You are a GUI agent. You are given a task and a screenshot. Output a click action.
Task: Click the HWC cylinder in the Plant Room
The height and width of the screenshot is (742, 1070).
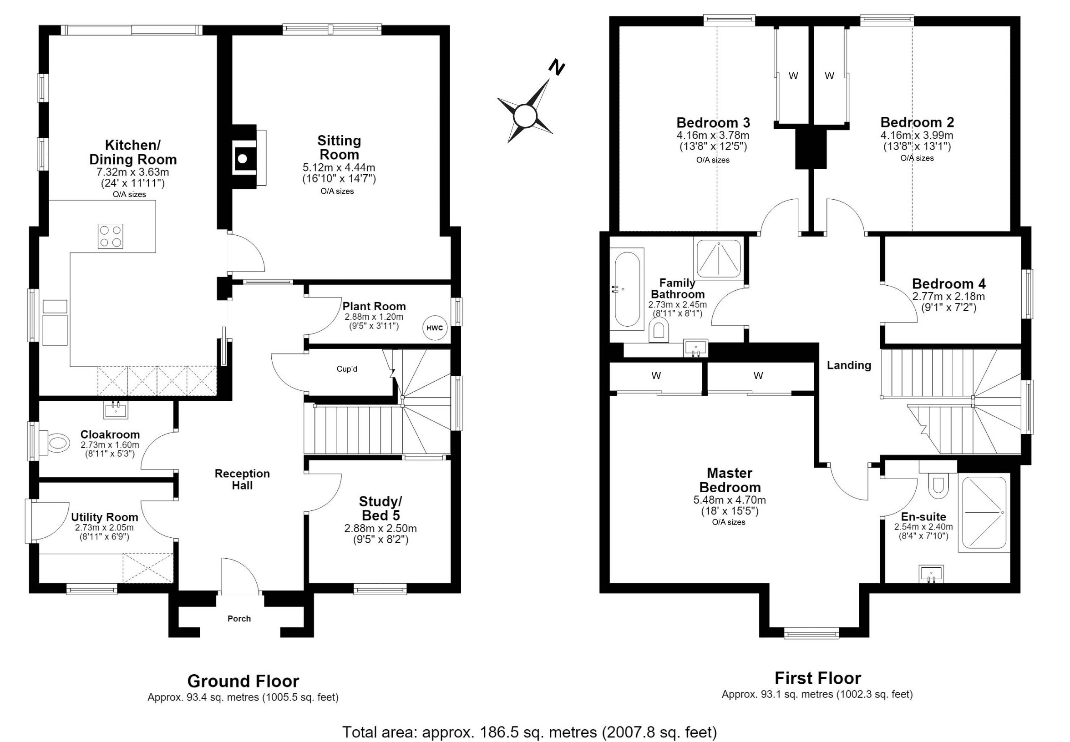pos(434,328)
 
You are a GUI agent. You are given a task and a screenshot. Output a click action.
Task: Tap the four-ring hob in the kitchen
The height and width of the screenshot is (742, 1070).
pos(111,236)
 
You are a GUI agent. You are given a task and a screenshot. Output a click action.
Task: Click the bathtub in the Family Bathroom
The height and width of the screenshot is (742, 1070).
pos(627,289)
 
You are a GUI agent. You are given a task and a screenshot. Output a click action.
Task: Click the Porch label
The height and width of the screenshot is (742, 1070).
pos(239,619)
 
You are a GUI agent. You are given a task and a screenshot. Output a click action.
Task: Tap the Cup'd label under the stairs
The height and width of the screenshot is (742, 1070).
pos(347,369)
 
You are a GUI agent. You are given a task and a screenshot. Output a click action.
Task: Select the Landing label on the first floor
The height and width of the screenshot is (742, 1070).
pos(849,365)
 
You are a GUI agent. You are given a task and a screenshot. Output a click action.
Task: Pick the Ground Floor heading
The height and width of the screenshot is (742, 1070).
pos(243,681)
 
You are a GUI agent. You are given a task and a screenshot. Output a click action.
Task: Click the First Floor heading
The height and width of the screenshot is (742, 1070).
pos(817,678)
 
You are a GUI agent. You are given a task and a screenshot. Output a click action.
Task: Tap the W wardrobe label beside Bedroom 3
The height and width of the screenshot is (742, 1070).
pos(793,76)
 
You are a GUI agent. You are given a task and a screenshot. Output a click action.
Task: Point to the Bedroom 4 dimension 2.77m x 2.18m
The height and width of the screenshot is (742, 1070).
pos(948,296)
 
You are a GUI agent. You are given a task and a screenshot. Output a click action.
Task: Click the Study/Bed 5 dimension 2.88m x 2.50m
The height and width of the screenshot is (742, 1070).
pos(380,529)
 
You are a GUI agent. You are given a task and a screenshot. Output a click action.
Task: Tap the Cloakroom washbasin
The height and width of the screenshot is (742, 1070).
pos(115,409)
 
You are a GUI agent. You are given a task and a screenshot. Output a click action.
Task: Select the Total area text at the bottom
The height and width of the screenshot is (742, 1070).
pos(530,732)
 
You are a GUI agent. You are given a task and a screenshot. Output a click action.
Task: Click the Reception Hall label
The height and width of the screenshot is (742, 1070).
pos(242,480)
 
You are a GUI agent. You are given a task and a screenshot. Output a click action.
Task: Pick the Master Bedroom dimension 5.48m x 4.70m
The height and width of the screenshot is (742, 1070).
pos(730,500)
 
